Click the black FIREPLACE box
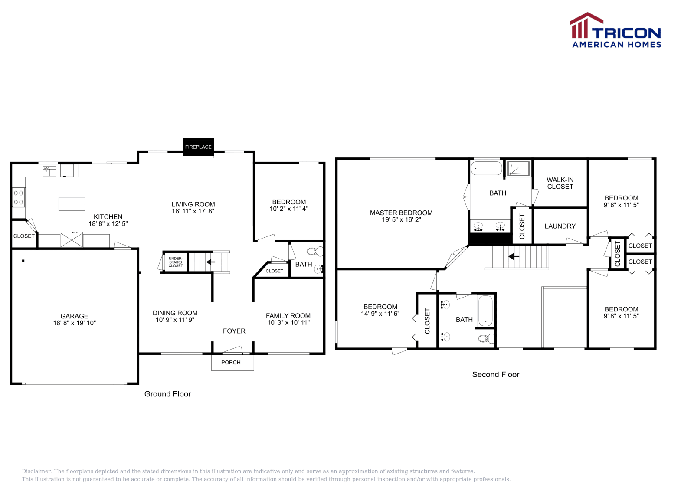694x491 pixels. (x=198, y=147)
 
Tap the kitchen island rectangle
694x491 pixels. (x=72, y=203)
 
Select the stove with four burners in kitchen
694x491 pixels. (x=19, y=197)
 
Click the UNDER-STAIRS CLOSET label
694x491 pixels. (x=176, y=262)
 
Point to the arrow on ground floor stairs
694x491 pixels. (x=211, y=262)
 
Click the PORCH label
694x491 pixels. (x=231, y=363)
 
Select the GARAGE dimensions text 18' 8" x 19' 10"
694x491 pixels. (x=74, y=323)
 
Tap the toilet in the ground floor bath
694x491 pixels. (x=315, y=251)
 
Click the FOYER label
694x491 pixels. (x=234, y=331)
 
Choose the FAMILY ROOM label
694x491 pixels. (x=288, y=316)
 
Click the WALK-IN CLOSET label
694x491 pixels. (x=560, y=183)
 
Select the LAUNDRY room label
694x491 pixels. (x=560, y=226)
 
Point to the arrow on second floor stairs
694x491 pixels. (x=514, y=256)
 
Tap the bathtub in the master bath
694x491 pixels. (x=486, y=168)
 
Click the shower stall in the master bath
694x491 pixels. (x=518, y=168)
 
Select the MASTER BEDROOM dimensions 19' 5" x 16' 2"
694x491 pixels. (x=401, y=220)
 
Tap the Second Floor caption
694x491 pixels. (x=495, y=374)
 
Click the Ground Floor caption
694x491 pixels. (x=167, y=394)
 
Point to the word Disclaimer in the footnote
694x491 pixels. (x=37, y=471)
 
